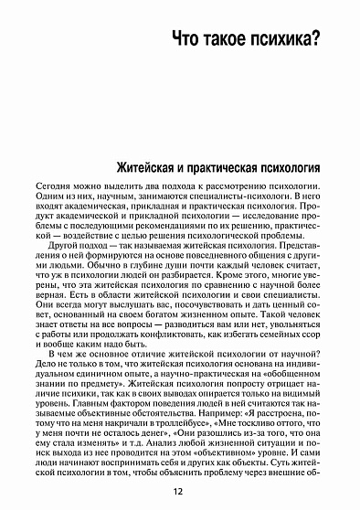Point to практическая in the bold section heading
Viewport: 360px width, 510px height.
[x=245, y=168]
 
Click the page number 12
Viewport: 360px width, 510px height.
[x=180, y=494]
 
